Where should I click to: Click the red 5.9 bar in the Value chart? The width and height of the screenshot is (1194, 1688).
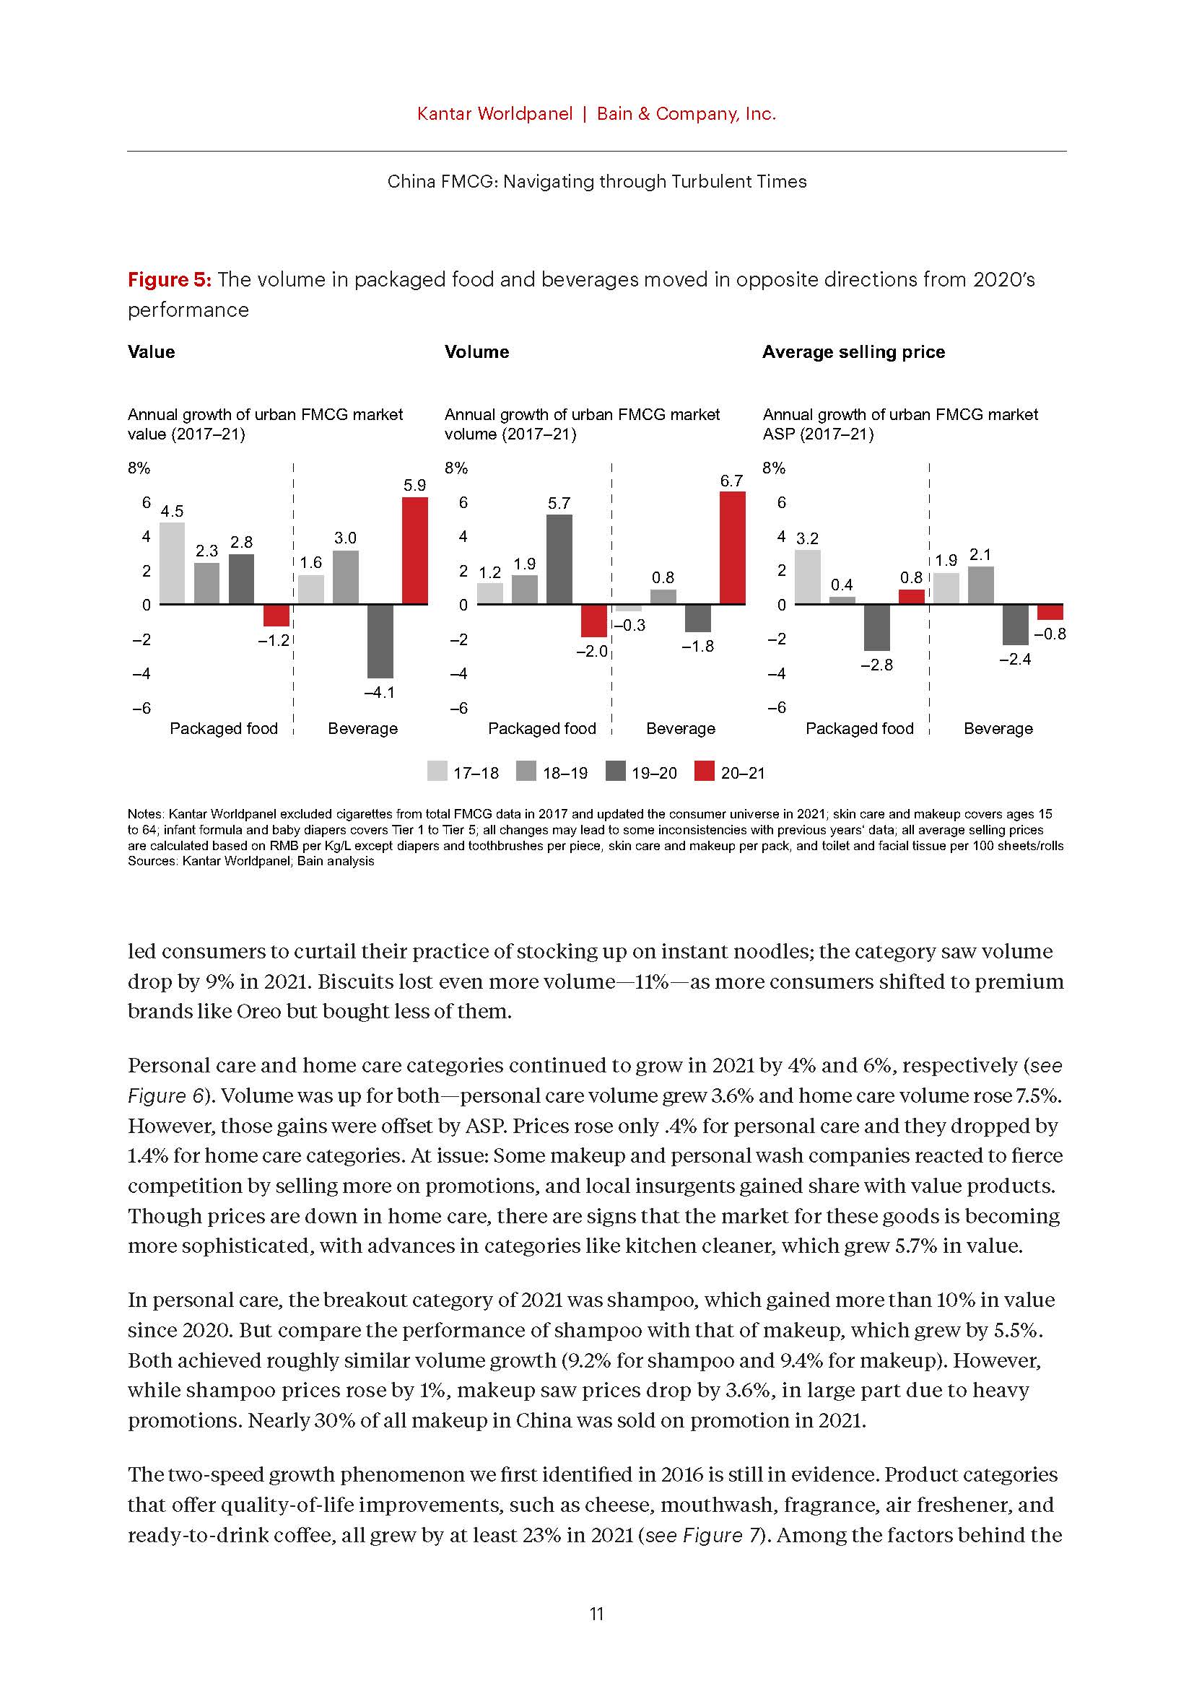click(414, 550)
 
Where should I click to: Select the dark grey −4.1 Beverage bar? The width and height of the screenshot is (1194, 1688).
click(380, 640)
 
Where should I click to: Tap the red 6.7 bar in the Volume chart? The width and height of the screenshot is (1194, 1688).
click(732, 547)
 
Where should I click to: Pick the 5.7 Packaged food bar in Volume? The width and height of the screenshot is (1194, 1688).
click(559, 559)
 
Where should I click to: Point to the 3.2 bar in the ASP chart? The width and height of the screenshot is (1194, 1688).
click(807, 577)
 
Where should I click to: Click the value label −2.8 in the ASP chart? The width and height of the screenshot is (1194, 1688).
click(876, 665)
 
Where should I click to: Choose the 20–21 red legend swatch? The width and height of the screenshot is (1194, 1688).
click(705, 772)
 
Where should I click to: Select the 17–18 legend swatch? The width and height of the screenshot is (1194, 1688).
click(437, 772)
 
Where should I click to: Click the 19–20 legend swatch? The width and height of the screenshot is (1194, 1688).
click(615, 772)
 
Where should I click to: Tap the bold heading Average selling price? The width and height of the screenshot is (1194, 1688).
click(853, 352)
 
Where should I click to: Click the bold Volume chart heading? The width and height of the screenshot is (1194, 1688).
click(476, 352)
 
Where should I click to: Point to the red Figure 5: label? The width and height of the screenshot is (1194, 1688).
click(170, 279)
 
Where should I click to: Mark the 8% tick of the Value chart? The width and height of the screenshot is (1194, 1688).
click(139, 468)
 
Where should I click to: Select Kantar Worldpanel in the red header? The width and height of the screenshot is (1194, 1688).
click(494, 114)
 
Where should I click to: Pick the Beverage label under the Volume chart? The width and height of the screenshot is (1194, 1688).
click(680, 729)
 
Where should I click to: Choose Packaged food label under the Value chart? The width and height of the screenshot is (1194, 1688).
click(224, 729)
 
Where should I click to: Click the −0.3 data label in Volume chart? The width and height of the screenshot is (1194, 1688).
click(629, 625)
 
